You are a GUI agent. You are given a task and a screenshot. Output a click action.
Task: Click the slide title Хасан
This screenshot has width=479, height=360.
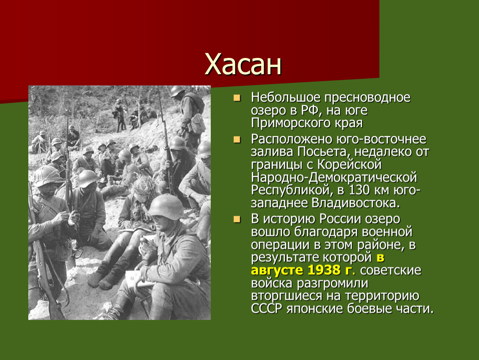click(x=243, y=64)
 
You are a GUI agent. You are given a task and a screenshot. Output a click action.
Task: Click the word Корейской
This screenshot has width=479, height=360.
click(x=349, y=165)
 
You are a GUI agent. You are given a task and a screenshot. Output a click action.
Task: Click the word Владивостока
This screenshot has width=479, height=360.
click(x=355, y=203)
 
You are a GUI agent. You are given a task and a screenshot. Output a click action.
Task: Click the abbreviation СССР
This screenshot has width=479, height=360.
click(x=267, y=309)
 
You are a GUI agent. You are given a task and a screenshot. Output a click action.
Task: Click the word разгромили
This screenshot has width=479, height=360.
click(x=332, y=284)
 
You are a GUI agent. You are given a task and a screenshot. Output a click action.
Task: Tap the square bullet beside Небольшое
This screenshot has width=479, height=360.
click(x=237, y=98)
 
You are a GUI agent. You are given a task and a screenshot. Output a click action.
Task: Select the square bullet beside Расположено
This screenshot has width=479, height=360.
click(x=237, y=140)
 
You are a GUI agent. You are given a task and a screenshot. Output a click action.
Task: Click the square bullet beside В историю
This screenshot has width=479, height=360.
click(x=237, y=220)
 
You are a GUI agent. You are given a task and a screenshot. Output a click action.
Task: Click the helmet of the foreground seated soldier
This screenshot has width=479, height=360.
click(x=166, y=206)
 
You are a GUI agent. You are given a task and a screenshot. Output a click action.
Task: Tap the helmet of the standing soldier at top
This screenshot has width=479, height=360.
click(x=177, y=91)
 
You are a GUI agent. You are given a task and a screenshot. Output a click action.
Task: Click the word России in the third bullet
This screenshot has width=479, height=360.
click(x=340, y=219)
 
